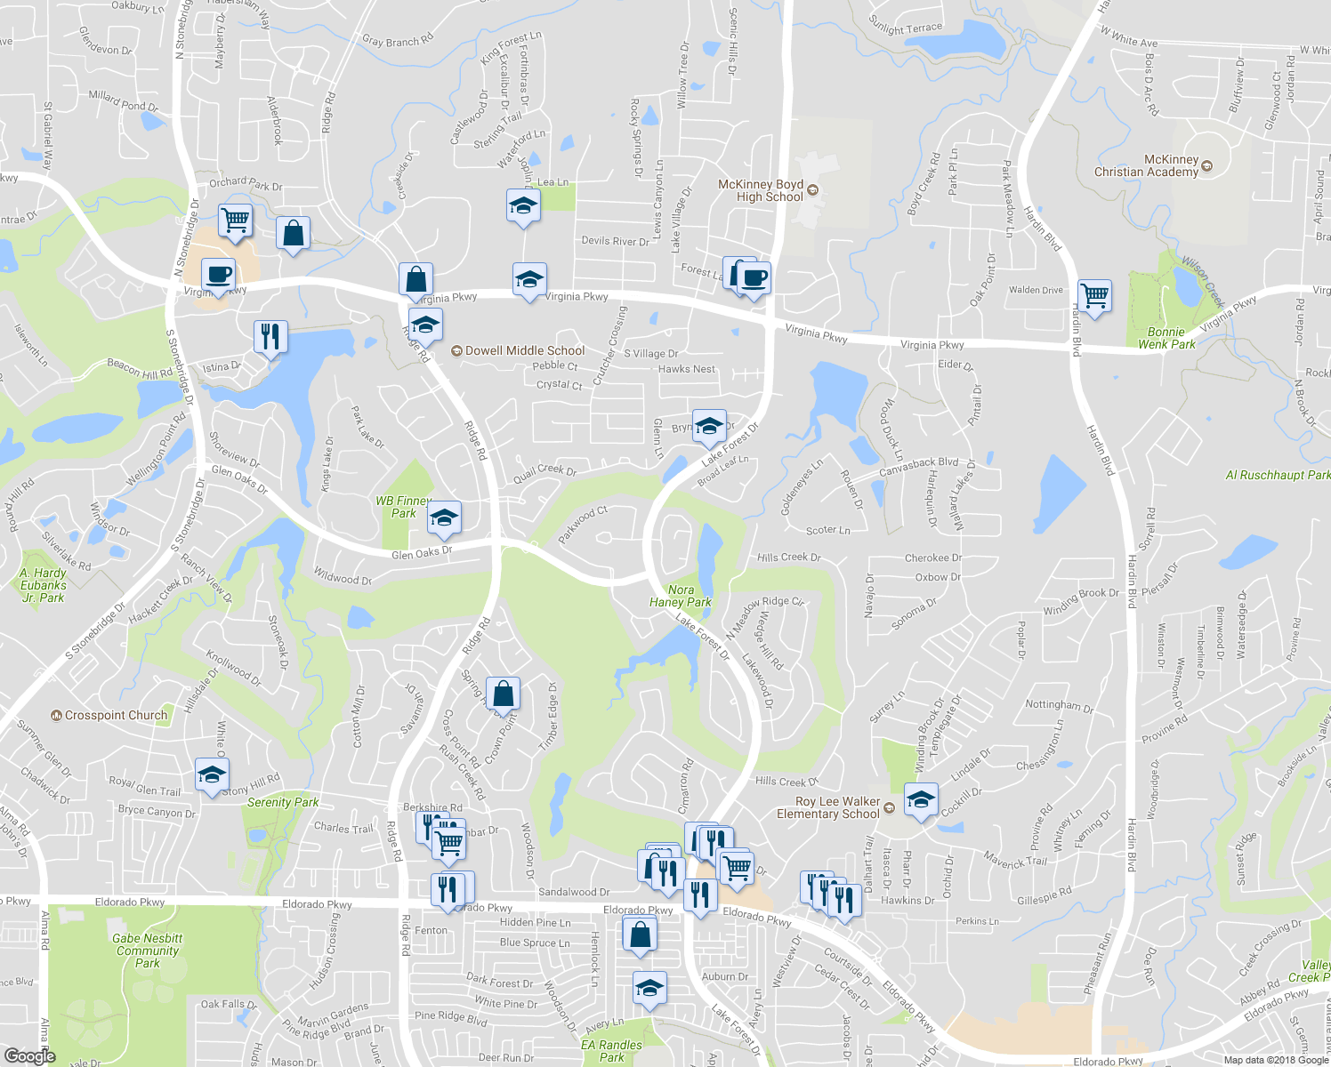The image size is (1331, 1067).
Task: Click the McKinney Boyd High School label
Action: click(x=762, y=190)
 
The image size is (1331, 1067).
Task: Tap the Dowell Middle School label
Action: click(x=524, y=351)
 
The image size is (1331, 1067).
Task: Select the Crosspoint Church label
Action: click(x=116, y=715)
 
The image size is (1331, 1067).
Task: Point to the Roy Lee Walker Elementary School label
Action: click(x=827, y=807)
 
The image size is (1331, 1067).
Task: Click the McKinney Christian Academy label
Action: click(x=1146, y=166)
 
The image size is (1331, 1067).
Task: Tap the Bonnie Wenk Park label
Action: click(x=1166, y=338)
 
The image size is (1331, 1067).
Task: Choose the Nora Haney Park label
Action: click(x=681, y=596)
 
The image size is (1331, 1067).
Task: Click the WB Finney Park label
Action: click(x=403, y=507)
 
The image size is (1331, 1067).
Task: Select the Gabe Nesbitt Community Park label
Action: click(x=148, y=951)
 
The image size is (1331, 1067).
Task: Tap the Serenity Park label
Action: click(x=283, y=802)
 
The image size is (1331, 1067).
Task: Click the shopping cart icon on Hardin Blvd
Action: click(x=1094, y=294)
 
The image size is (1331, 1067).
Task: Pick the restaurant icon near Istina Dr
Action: click(x=270, y=336)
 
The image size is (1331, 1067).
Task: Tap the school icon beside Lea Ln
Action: click(x=523, y=205)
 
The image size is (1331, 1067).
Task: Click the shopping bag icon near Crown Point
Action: click(x=503, y=694)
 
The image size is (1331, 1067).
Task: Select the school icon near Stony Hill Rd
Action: click(x=212, y=774)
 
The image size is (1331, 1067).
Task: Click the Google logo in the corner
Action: click(x=29, y=1056)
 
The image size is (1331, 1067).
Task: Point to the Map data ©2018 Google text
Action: click(x=1276, y=1060)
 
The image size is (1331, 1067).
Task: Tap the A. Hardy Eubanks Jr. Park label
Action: click(x=43, y=585)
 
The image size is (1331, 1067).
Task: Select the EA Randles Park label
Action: click(x=611, y=1051)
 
